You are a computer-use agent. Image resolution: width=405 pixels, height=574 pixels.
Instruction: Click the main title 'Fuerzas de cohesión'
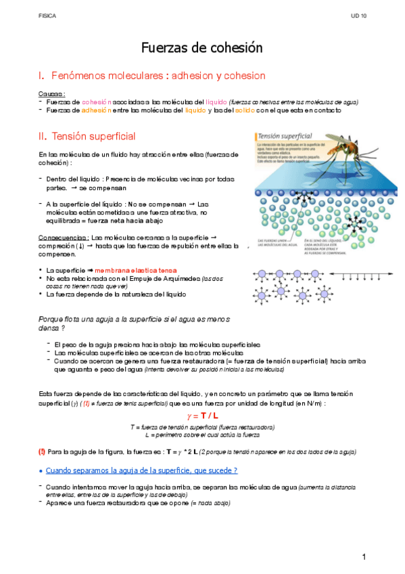pyautogui.click(x=201, y=48)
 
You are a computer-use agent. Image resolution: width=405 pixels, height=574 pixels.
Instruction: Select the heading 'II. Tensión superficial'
pyautogui.click(x=87, y=136)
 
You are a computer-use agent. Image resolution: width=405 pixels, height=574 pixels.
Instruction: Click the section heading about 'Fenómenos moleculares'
pyautogui.click(x=152, y=75)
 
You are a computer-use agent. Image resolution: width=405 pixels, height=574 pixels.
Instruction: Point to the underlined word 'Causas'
pyautogui.click(x=51, y=94)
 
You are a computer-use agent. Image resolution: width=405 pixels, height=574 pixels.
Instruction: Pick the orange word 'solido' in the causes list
pyautogui.click(x=243, y=110)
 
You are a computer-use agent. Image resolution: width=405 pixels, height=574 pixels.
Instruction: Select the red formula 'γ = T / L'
pyautogui.click(x=202, y=415)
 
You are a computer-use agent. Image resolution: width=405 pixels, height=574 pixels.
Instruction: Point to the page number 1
pyautogui.click(x=364, y=557)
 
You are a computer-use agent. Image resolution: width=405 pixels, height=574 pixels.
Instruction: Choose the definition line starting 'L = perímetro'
pyautogui.click(x=202, y=435)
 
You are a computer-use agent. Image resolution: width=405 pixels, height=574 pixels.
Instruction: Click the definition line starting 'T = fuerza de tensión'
pyautogui.click(x=202, y=428)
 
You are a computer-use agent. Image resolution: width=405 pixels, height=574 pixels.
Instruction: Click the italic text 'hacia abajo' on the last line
pyautogui.click(x=214, y=503)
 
